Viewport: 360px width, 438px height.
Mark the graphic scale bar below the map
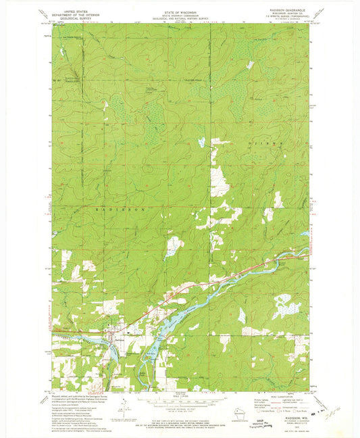coord(179,400)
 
